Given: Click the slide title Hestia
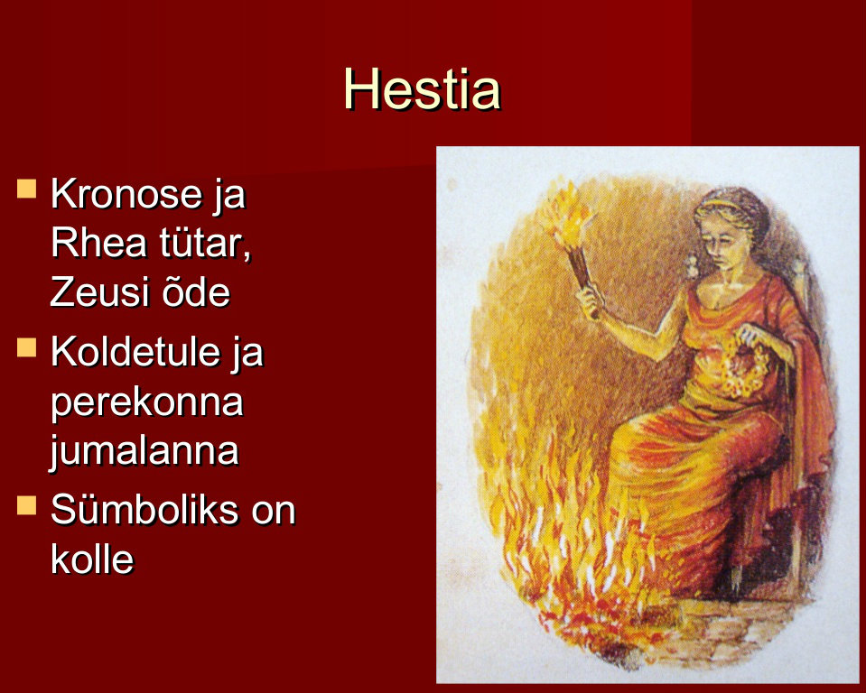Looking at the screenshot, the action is pyautogui.click(x=422, y=88).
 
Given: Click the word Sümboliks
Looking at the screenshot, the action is pyautogui.click(x=144, y=510).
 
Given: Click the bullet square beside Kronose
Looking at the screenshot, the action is pyautogui.click(x=26, y=189).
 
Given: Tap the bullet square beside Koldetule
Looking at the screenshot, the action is pyautogui.click(x=26, y=347).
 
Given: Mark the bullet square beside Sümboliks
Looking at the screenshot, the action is pyautogui.click(x=26, y=504).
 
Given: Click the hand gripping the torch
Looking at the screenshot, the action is pyautogui.click(x=589, y=300).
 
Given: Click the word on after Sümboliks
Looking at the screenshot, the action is pyautogui.click(x=274, y=512).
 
